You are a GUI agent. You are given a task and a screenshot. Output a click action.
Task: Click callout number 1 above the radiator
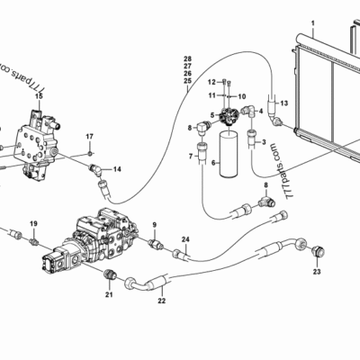312,21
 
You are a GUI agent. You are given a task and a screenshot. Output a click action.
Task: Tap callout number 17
89,136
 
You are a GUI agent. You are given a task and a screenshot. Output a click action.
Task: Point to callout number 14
118,168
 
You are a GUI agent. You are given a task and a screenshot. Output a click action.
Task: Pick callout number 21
108,292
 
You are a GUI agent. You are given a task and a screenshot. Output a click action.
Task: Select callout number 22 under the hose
162,301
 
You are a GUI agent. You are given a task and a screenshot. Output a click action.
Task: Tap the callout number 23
317,270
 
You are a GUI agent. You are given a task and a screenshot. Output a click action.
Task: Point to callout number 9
154,224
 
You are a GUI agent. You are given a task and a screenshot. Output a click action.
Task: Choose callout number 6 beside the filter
212,163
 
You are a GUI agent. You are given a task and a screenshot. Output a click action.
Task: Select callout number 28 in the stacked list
187,58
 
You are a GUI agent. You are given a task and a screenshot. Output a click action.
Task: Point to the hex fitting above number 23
317,248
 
